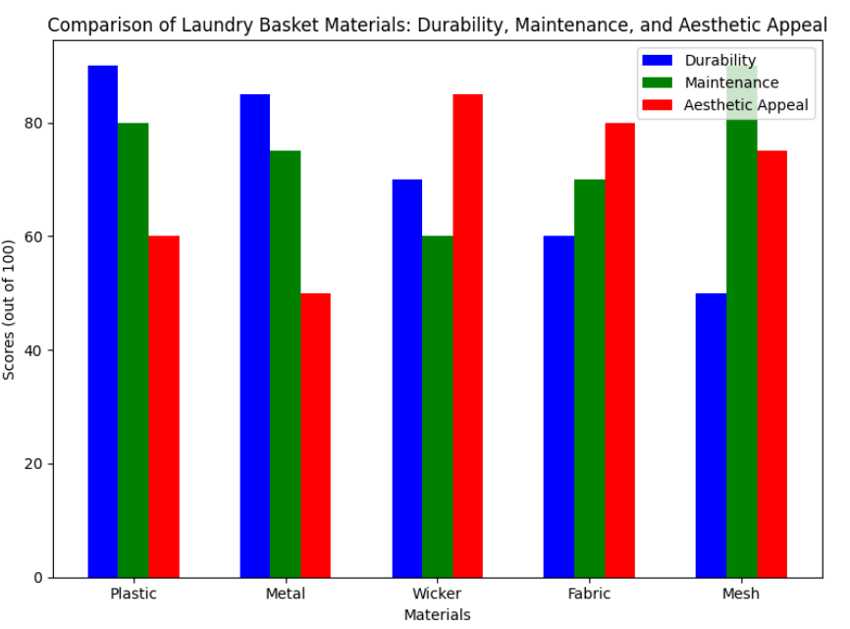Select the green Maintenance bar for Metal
286,363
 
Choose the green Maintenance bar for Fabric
590,378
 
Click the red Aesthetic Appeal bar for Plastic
164,406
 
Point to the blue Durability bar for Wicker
407,378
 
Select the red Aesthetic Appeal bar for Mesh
771,363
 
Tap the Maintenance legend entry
731,83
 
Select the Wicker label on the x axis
437,594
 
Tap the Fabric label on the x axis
589,594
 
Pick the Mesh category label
741,594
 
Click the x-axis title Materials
437,615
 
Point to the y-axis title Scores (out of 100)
10,309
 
